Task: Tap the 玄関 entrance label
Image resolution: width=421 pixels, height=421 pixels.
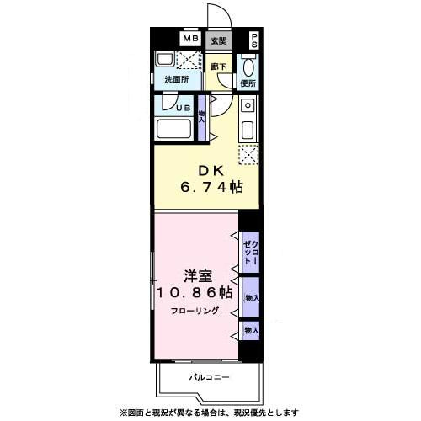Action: [x=219, y=40]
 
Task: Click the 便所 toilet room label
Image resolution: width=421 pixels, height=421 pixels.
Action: [x=248, y=83]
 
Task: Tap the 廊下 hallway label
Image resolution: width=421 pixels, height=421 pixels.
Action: [x=218, y=66]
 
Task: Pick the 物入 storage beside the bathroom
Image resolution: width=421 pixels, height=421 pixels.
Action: [x=202, y=115]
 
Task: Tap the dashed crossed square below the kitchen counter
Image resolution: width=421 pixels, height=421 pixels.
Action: [x=248, y=154]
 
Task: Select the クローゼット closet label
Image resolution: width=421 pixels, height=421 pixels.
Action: [x=250, y=250]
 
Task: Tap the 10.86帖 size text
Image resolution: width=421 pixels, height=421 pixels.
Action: [x=194, y=293]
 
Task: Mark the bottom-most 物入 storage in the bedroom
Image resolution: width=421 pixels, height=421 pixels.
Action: [x=251, y=331]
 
